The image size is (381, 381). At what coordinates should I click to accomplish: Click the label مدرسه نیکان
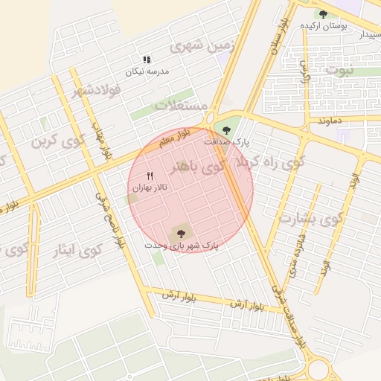[147, 71]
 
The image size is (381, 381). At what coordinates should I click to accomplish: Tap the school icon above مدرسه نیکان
[147, 60]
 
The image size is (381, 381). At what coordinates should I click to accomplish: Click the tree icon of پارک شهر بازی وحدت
[180, 233]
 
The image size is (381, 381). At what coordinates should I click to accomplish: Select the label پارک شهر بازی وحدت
[182, 244]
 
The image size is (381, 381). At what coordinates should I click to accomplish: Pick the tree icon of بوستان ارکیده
[322, 13]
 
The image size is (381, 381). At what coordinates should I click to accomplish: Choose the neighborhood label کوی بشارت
[311, 218]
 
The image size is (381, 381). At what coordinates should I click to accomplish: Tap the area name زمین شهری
[202, 46]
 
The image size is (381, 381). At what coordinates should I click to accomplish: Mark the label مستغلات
[181, 106]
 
